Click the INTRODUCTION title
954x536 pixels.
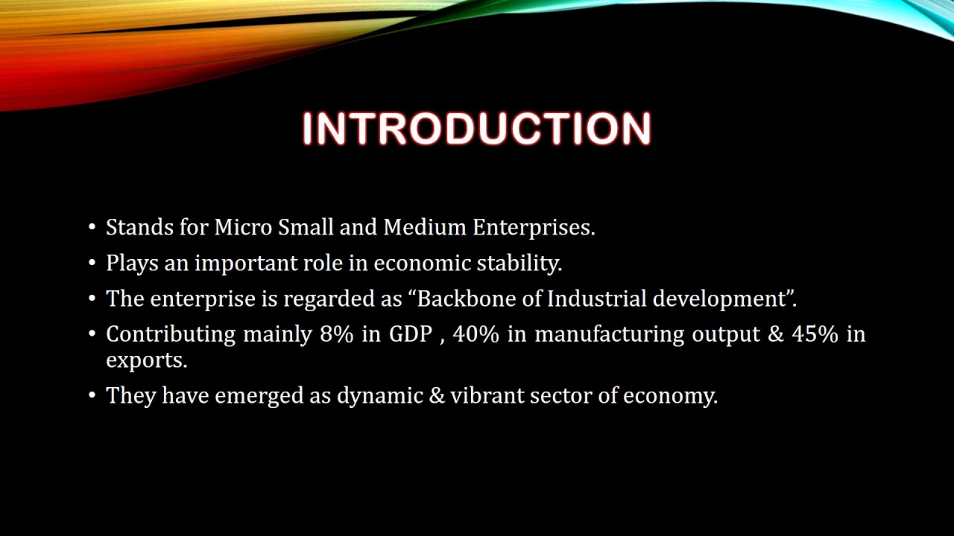pyautogui.click(x=477, y=129)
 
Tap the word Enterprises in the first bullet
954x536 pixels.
pyautogui.click(x=534, y=228)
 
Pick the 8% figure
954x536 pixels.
pyautogui.click(x=336, y=334)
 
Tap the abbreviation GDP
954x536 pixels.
pyautogui.click(x=411, y=334)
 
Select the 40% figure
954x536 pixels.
pyautogui.click(x=475, y=334)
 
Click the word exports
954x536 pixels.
pyautogui.click(x=146, y=360)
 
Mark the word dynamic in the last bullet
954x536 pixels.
pyautogui.click(x=379, y=395)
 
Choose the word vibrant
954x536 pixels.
pyautogui.click(x=487, y=395)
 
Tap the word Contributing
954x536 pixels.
pyautogui.click(x=171, y=335)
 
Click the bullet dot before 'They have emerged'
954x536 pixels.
pyautogui.click(x=92, y=395)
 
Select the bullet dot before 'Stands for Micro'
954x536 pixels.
pyautogui.click(x=92, y=228)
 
